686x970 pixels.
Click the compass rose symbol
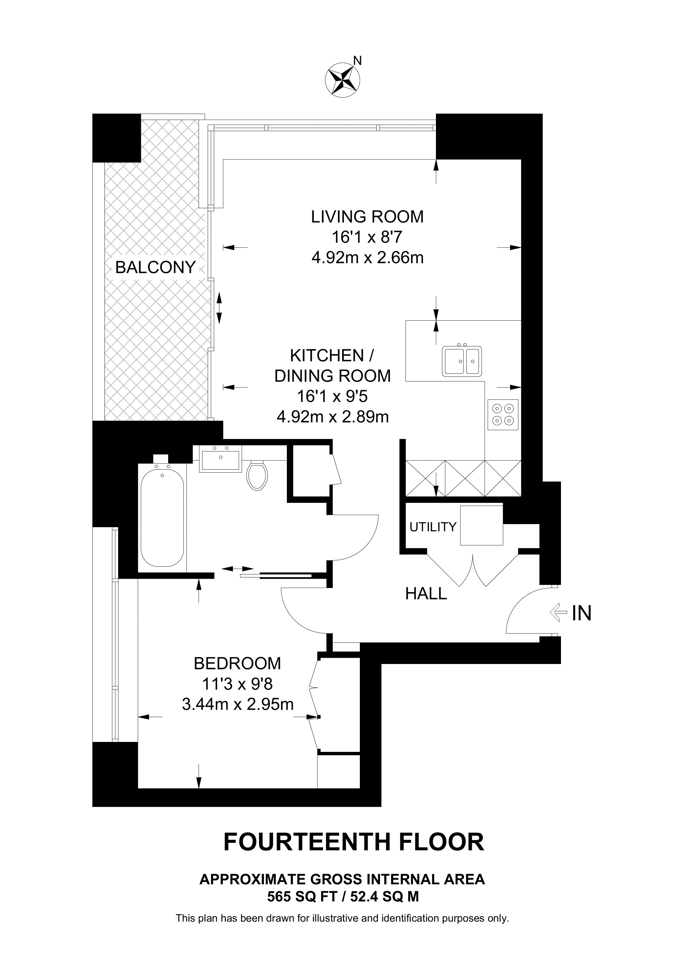click(x=342, y=80)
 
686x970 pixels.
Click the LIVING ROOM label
click(x=367, y=217)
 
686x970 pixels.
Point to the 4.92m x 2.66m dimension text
click(x=367, y=257)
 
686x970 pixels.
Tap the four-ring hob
click(x=503, y=414)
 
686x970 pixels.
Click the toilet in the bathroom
click(x=257, y=475)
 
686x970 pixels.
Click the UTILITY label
click(x=433, y=527)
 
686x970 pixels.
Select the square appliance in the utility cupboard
click(x=481, y=525)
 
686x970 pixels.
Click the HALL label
click(x=426, y=594)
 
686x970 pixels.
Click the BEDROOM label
click(x=237, y=664)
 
